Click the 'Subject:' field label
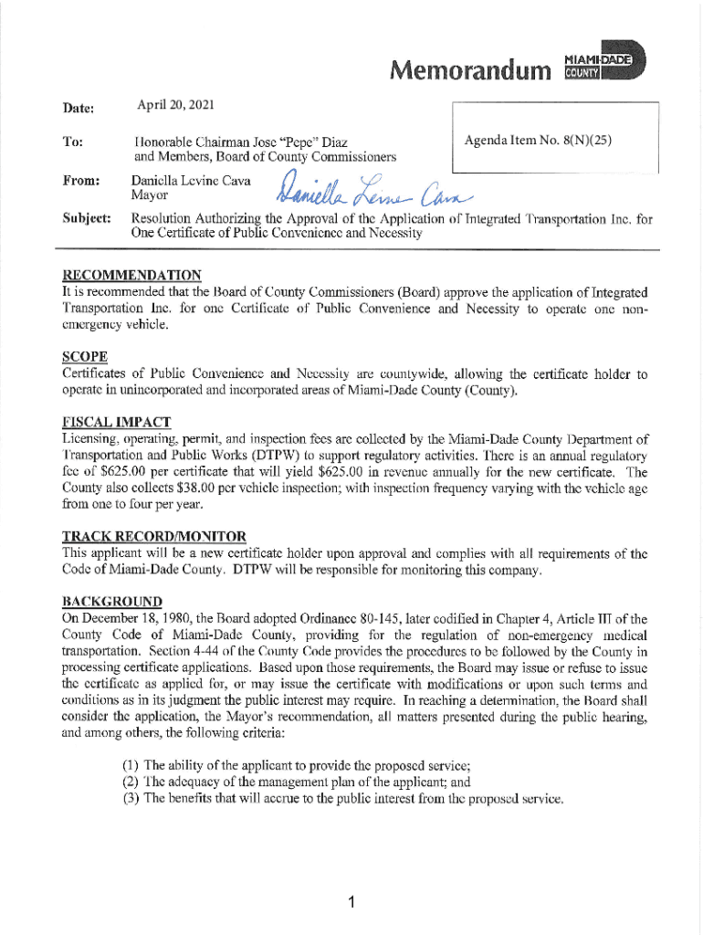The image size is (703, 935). (87, 219)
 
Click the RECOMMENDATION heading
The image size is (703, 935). (131, 276)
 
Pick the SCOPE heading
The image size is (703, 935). (85, 355)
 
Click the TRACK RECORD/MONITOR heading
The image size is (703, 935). (153, 535)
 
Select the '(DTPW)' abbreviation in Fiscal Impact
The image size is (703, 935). (242, 455)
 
